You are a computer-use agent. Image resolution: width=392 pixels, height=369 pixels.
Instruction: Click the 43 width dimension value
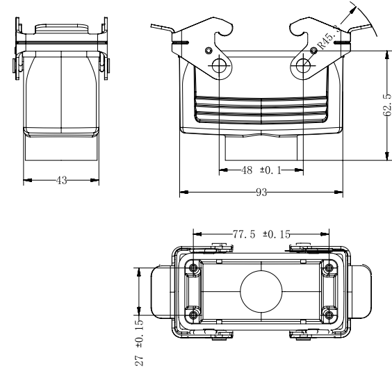[x=61, y=180]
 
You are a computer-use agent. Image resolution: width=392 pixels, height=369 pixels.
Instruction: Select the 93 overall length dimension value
[x=261, y=192]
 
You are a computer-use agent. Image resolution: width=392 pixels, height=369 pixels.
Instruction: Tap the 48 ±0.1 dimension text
[x=261, y=170]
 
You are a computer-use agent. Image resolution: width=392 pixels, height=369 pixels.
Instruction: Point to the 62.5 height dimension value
[x=387, y=105]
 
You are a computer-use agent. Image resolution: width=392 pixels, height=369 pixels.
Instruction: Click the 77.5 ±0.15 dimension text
[x=261, y=234]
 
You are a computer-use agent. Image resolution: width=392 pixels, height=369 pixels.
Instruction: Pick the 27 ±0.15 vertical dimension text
[x=140, y=343]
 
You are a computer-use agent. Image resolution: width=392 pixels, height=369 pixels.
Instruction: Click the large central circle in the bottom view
[x=261, y=291]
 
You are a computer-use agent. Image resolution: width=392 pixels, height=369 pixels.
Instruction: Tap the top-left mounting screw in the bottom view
[x=193, y=268]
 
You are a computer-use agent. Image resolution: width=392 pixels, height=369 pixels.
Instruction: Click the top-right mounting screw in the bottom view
[x=329, y=268]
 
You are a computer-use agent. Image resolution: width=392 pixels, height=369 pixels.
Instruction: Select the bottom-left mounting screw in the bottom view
[x=193, y=315]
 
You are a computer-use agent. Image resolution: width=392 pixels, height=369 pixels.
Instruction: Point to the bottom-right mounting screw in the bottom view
[x=329, y=315]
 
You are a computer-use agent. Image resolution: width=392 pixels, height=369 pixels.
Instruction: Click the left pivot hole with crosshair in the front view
[x=219, y=66]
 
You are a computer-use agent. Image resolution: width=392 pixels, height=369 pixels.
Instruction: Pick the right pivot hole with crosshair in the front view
[x=303, y=66]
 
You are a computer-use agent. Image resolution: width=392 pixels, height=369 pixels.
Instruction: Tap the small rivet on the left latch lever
[x=209, y=51]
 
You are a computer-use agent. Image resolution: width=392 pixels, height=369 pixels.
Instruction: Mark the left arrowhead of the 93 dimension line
[x=184, y=192]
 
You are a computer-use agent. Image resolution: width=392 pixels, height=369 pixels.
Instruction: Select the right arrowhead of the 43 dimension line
[x=95, y=180]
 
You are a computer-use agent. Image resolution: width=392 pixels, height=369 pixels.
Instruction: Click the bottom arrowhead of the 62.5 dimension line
[x=387, y=156]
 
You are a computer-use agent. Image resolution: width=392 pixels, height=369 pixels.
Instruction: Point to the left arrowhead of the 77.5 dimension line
[x=197, y=234]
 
